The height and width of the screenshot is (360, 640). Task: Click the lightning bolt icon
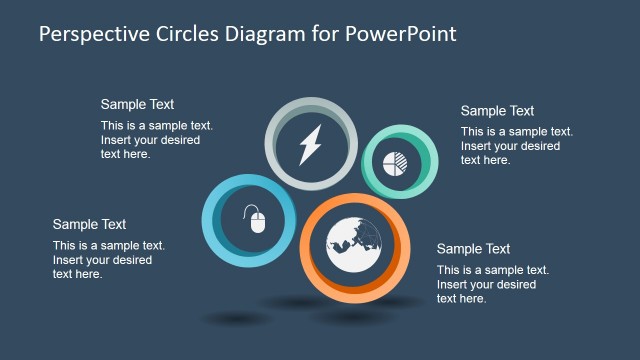(309, 145)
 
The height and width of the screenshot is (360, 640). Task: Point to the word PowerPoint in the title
(404, 33)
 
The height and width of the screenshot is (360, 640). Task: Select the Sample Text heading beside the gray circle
(137, 104)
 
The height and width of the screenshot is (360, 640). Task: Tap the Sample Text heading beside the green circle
(497, 111)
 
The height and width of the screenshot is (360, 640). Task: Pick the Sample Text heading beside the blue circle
(89, 224)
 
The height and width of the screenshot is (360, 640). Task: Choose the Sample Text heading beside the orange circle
(473, 249)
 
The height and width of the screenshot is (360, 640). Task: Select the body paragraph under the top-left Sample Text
(156, 140)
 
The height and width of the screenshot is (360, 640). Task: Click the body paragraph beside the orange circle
(492, 284)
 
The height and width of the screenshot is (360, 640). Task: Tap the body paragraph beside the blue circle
(108, 260)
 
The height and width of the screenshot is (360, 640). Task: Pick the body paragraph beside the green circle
(516, 146)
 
